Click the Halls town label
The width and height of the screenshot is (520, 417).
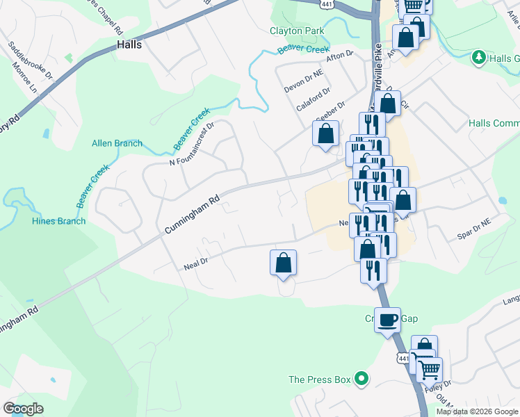click(x=129, y=44)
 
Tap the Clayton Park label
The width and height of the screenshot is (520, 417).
click(x=297, y=31)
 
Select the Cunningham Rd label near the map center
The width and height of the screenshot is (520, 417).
click(x=192, y=215)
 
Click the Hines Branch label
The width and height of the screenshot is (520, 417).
click(x=58, y=221)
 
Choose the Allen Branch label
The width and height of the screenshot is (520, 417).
click(x=117, y=144)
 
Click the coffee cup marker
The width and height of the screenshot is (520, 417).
click(x=387, y=320)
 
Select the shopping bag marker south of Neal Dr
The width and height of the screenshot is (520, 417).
click(x=283, y=263)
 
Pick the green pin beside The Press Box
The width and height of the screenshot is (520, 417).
click(x=361, y=379)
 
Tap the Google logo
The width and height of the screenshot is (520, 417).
click(x=24, y=409)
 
